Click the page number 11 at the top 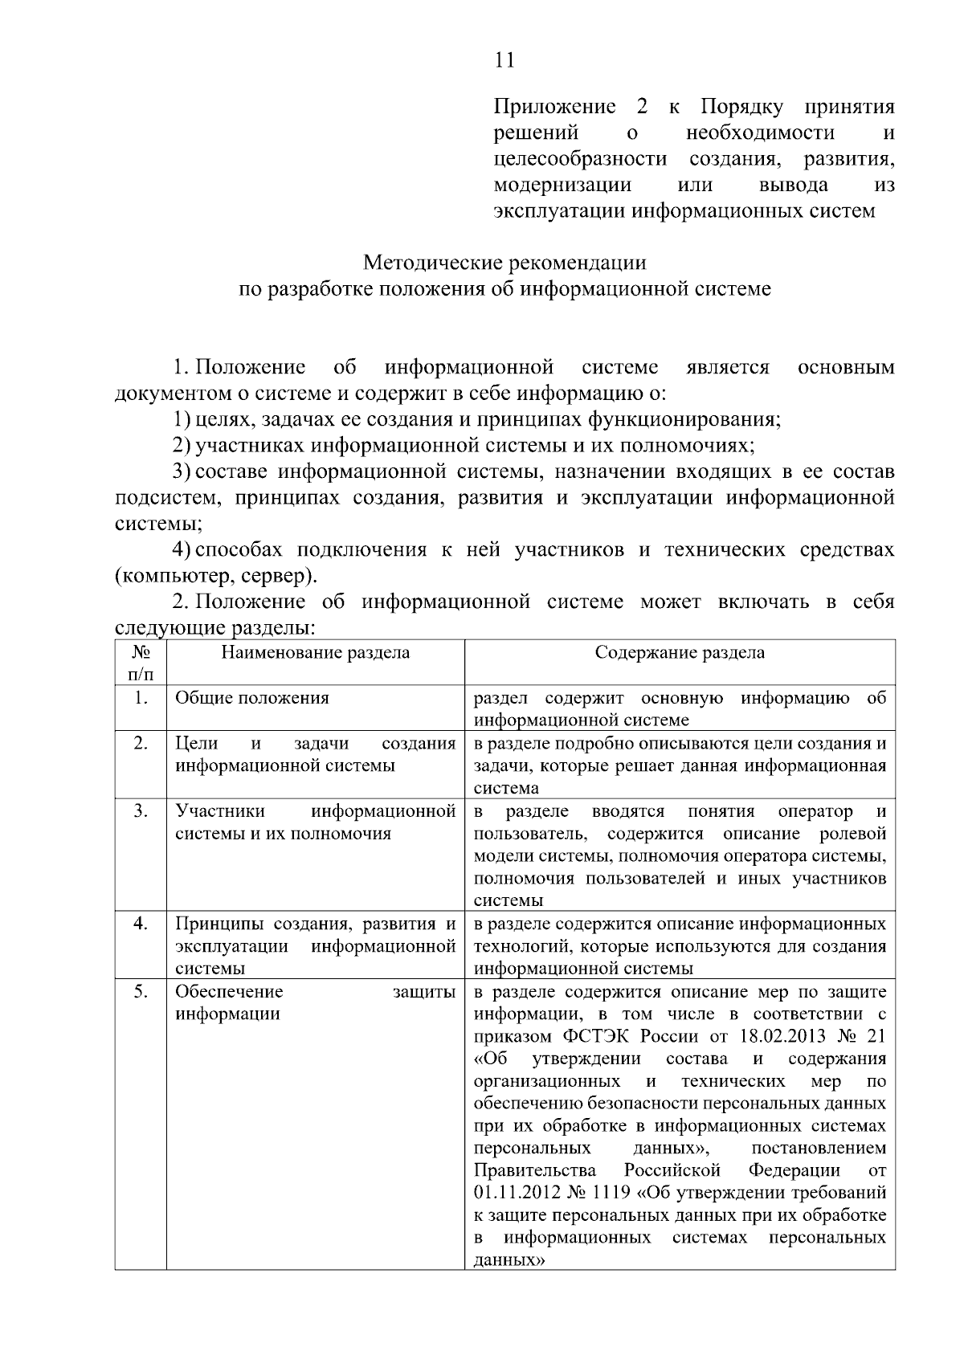[504, 60]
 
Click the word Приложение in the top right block [554, 107]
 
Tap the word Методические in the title [429, 263]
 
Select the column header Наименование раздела [315, 652]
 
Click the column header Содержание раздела [680, 652]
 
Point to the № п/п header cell [141, 662]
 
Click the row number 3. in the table [141, 810]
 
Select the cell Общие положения [252, 697]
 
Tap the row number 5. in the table [141, 991]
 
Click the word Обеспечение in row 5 [229, 991]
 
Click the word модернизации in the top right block [562, 186]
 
